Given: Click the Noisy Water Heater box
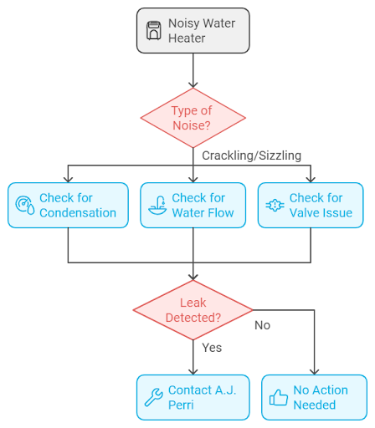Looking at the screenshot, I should tap(193, 32).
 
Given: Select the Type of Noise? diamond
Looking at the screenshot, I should tap(193, 118).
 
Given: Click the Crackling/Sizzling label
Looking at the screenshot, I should tap(251, 155).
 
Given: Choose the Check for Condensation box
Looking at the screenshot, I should tap(68, 206).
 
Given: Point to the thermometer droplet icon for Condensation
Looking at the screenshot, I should tap(23, 206).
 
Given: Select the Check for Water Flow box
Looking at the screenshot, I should tap(193, 206).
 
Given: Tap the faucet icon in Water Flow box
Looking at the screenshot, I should tap(155, 206).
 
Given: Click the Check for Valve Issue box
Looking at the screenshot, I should tap(311, 206).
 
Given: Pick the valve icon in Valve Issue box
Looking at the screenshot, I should tap(274, 206).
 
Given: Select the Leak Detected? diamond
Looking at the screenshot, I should tap(193, 310).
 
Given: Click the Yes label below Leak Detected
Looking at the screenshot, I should tap(212, 347).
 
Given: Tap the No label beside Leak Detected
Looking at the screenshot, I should tap(262, 325).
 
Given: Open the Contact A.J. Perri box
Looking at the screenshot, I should tap(193, 397).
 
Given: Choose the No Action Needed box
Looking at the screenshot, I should tap(314, 397).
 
